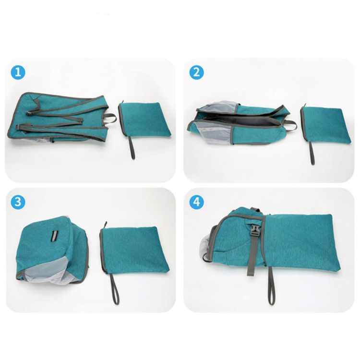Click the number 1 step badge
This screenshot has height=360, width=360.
(x=18, y=72)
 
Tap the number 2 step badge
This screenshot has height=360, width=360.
(x=196, y=72)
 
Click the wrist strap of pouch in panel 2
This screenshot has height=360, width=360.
(x=312, y=153)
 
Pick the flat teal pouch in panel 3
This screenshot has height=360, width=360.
(x=134, y=250)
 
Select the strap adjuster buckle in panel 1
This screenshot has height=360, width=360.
(x=30, y=114)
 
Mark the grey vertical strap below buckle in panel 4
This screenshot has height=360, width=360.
(x=251, y=259)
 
